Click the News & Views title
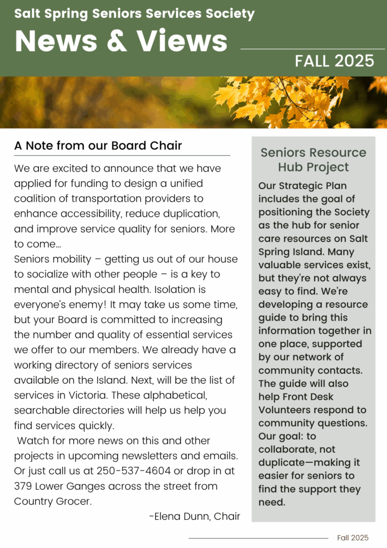click(121, 40)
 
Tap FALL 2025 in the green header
click(335, 61)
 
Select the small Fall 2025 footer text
click(353, 537)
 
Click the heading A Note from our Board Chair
click(98, 146)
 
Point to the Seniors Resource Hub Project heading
click(313, 159)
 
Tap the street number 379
click(23, 486)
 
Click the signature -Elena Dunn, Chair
click(194, 516)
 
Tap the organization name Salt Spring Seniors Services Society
click(135, 13)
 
